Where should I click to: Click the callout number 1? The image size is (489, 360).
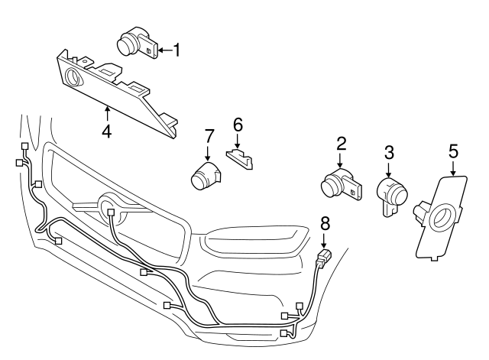[x=176, y=50]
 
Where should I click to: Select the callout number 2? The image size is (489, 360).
[x=342, y=143]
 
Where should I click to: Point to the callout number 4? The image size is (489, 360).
[x=107, y=131]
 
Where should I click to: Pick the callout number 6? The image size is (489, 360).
[x=237, y=124]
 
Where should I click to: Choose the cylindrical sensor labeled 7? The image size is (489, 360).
[x=204, y=177]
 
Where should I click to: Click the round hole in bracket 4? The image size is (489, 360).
[x=74, y=77]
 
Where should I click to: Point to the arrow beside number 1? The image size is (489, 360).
[x=164, y=50]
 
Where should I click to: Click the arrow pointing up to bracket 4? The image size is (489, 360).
[x=107, y=115]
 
